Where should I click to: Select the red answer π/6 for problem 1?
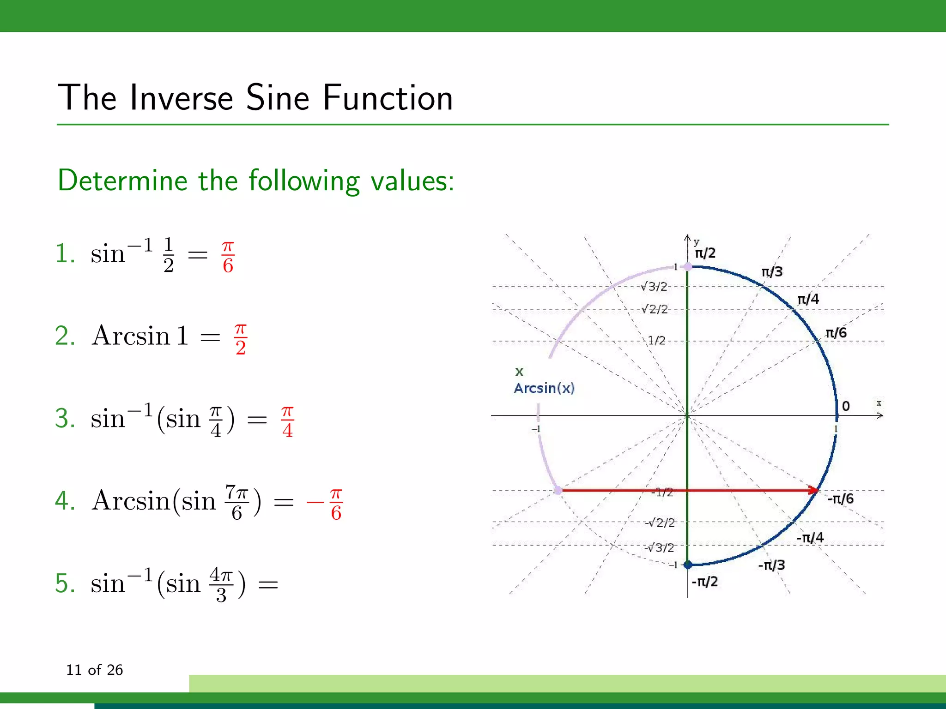228,257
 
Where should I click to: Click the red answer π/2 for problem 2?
241,339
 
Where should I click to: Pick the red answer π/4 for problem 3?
287,421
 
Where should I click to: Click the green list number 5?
65,583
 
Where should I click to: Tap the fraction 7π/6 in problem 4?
236,503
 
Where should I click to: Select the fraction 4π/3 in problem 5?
221,585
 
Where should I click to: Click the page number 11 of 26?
94,670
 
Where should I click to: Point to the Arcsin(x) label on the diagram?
544,388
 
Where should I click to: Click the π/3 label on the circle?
772,272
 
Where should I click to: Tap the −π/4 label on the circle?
810,538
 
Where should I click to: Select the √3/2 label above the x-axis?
654,287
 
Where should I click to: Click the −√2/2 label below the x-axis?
660,523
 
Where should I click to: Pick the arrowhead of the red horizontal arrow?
814,490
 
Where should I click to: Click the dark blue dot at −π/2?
688,564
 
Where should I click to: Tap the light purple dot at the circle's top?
688,266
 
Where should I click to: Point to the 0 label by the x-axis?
846,406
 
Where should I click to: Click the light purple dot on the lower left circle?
558,490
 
